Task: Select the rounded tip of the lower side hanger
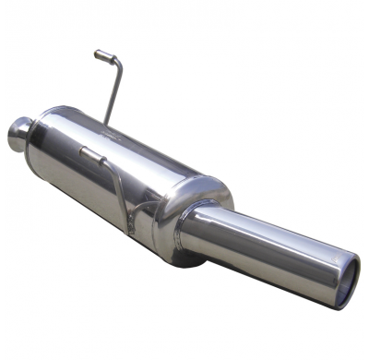click(81, 149)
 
